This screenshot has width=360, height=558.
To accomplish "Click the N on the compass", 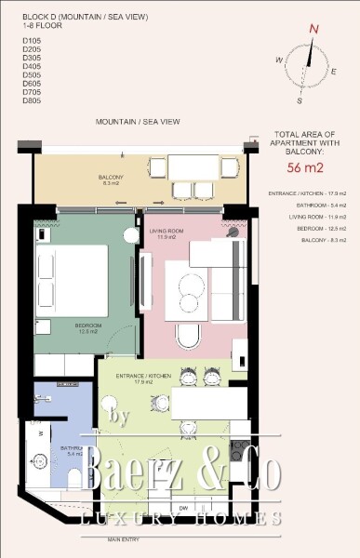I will point(313,29).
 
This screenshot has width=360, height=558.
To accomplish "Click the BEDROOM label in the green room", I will point(87,326).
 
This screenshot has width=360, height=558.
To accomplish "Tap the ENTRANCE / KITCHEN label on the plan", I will point(140,377).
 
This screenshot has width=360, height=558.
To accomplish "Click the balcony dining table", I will point(193,167).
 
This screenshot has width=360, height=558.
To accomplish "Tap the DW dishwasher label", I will point(184,507).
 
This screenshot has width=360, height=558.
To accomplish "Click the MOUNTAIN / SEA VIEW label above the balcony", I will point(138,122).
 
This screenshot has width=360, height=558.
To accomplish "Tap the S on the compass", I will point(300,100).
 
